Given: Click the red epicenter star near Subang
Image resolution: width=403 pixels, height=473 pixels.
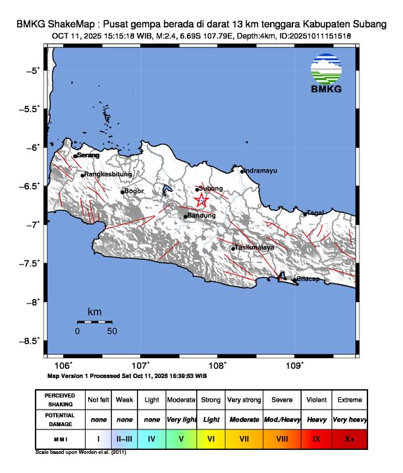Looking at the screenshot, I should (x=201, y=201).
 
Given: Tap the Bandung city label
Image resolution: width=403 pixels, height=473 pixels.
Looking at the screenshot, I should (x=202, y=216).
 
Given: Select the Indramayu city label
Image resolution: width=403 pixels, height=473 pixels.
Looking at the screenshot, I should (x=260, y=171).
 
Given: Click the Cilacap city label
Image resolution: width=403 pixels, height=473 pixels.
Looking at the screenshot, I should (x=308, y=279).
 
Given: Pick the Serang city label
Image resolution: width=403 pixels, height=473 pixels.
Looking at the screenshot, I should (x=88, y=155).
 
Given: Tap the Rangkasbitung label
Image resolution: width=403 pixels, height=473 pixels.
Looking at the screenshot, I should (x=109, y=175).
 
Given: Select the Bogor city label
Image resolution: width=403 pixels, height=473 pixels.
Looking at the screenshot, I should (x=134, y=191).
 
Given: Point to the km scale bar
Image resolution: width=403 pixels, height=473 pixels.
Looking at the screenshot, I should (x=94, y=321).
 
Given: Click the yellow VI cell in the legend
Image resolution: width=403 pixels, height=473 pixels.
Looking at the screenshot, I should (x=211, y=437).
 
